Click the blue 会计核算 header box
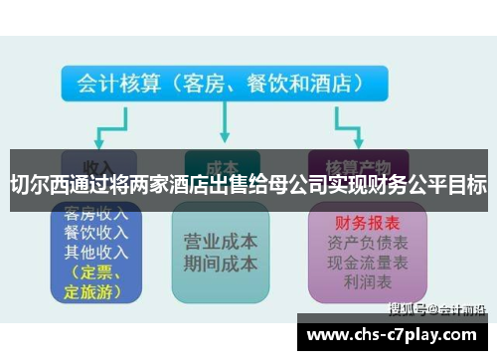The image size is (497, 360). pyautogui.click(x=218, y=85)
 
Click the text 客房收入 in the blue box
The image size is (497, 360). pyautogui.click(x=94, y=214)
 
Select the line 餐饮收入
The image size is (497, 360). pyautogui.click(x=94, y=232)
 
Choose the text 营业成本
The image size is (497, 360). pyautogui.click(x=222, y=242)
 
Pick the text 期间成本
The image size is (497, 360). pyautogui.click(x=222, y=264)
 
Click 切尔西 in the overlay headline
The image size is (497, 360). pyautogui.click(x=39, y=185)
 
